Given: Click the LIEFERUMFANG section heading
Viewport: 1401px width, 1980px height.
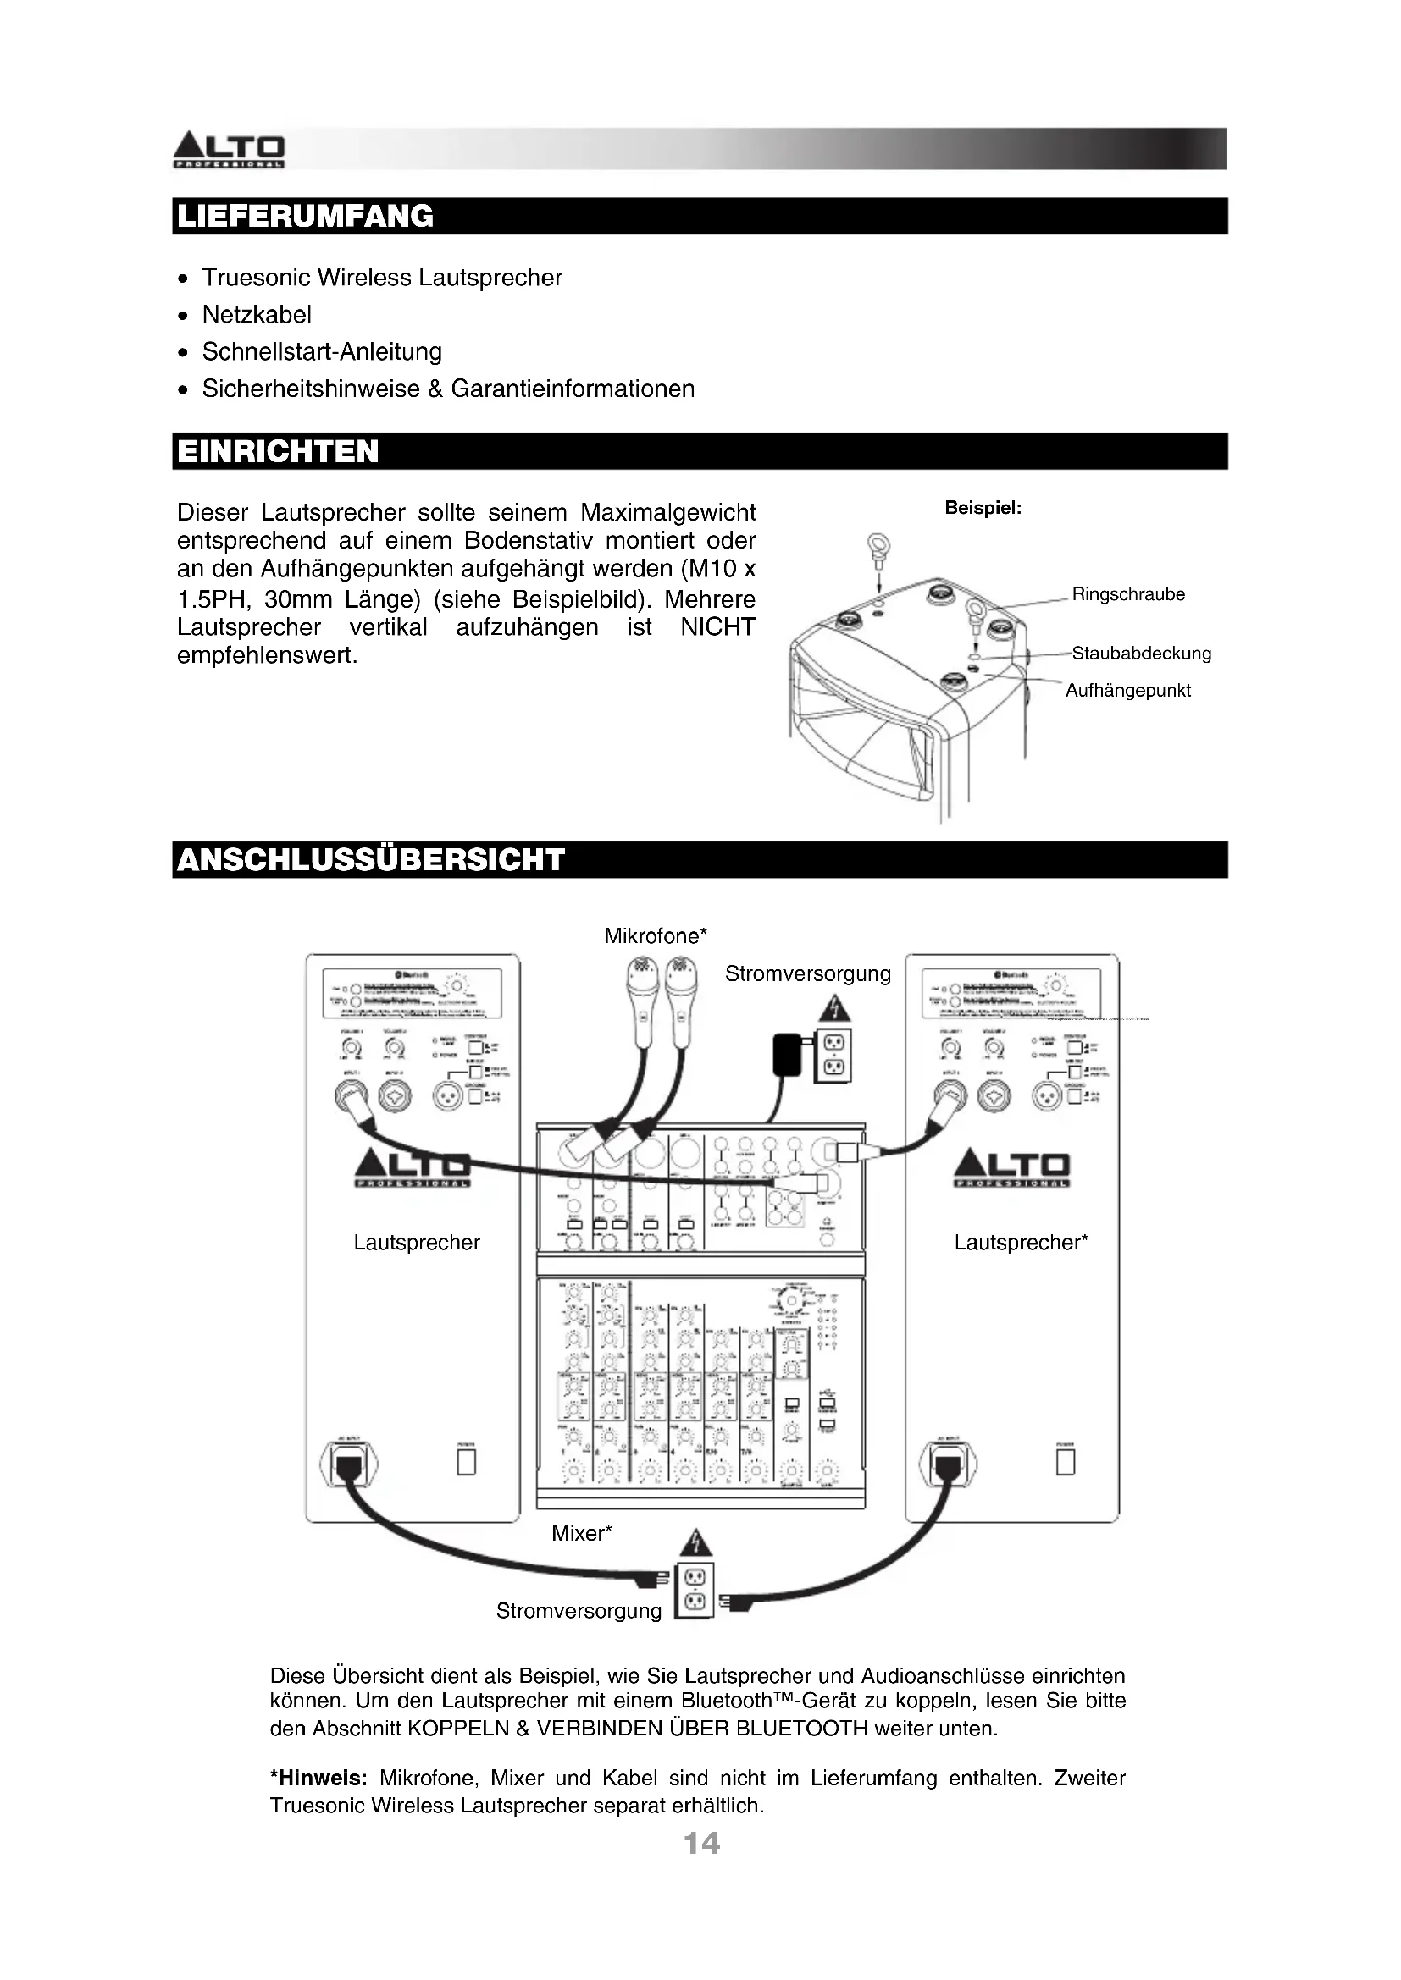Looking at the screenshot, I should (x=305, y=216).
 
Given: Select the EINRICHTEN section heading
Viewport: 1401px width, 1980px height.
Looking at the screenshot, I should (x=278, y=451).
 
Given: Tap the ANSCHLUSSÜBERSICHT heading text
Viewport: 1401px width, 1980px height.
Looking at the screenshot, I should (x=370, y=860).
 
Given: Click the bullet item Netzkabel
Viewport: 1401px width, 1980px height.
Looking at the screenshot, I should (x=256, y=315).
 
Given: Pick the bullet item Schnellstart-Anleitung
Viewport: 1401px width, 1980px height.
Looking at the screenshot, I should (x=322, y=352).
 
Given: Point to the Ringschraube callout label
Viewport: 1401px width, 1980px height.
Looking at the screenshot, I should (x=1127, y=594).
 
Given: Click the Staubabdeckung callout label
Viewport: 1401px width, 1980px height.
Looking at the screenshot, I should (x=1140, y=654).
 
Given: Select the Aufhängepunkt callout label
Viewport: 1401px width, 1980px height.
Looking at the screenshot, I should (x=1127, y=691).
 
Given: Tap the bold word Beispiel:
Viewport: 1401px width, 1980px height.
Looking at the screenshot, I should (x=983, y=508).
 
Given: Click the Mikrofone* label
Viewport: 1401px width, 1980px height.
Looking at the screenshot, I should (x=655, y=935).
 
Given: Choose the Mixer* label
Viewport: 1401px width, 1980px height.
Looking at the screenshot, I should (x=581, y=1533).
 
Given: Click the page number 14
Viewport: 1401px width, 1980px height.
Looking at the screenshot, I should (x=701, y=1844).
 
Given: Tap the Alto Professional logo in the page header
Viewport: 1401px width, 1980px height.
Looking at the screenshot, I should (x=229, y=150).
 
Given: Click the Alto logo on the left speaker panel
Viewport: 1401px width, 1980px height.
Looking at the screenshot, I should (x=413, y=1168).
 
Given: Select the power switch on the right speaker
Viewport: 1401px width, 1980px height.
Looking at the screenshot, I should (x=1066, y=1462).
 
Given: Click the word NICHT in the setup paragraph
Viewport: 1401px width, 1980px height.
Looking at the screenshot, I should (x=717, y=627).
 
